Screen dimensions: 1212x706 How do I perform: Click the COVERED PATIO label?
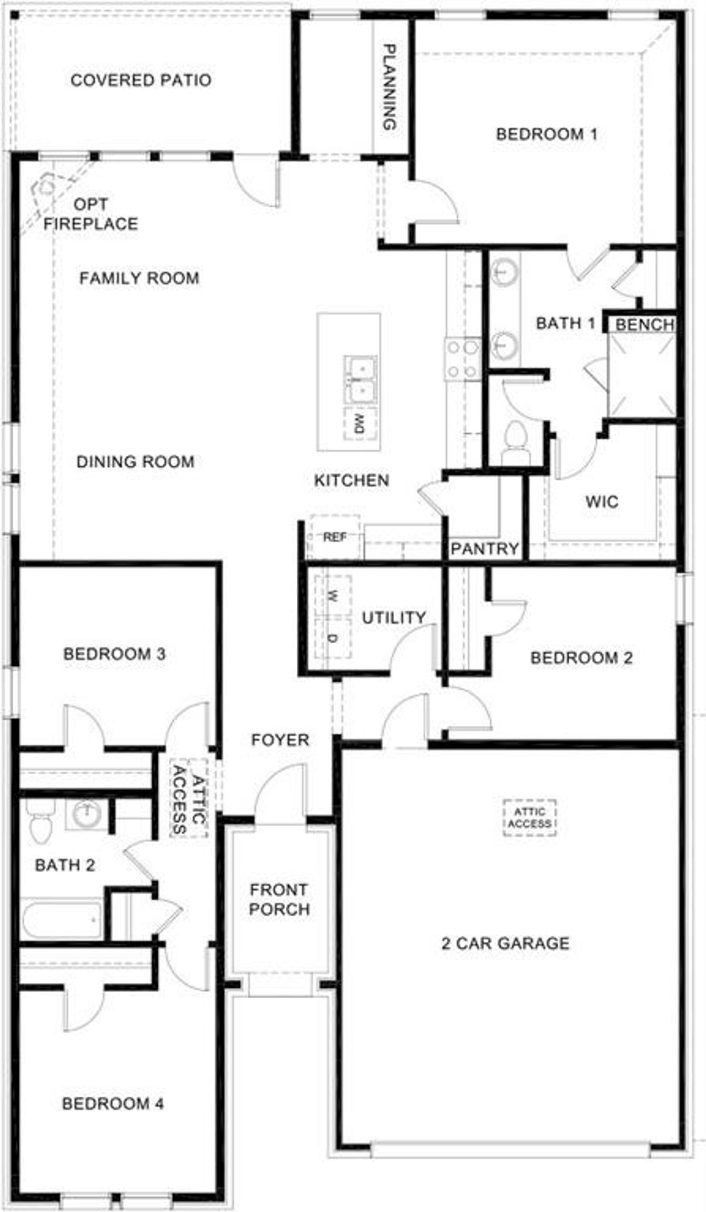coord(141,80)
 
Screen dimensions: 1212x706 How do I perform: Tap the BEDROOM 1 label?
coord(547,134)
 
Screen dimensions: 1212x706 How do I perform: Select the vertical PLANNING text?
coord(390,87)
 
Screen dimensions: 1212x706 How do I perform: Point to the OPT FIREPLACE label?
coord(91,214)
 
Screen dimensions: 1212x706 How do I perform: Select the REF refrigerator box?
coord(334,537)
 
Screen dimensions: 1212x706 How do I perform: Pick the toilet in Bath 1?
coord(516,438)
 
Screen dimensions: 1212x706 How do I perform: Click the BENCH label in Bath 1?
coord(645,324)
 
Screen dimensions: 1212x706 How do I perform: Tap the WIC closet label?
coord(602,502)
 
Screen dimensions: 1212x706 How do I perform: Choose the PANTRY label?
coord(485,548)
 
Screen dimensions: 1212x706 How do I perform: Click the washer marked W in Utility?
coord(333,596)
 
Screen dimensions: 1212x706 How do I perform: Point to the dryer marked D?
coord(333,638)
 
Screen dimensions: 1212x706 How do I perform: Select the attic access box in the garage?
coord(529,818)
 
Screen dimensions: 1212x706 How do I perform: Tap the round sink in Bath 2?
coord(87,814)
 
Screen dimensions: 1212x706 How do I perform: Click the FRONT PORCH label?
coord(279,899)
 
